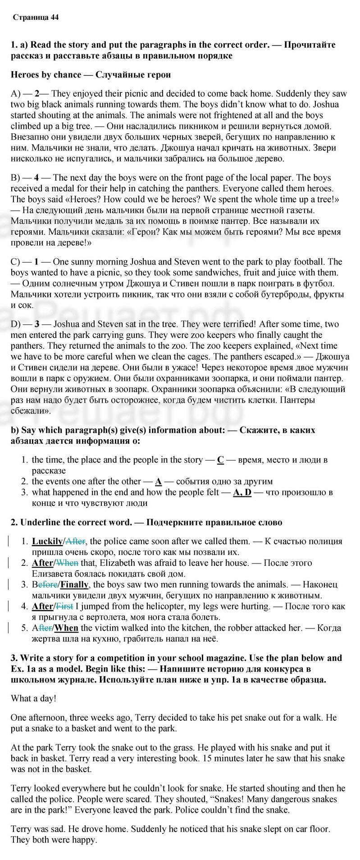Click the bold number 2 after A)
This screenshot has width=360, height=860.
(37, 94)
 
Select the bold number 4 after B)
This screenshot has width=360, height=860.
(36, 178)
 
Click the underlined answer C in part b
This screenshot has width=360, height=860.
(220, 460)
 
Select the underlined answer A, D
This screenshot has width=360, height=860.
(242, 492)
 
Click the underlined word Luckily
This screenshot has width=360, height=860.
(47, 541)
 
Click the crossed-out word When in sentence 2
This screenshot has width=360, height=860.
(67, 563)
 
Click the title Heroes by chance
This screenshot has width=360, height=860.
(46, 75)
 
